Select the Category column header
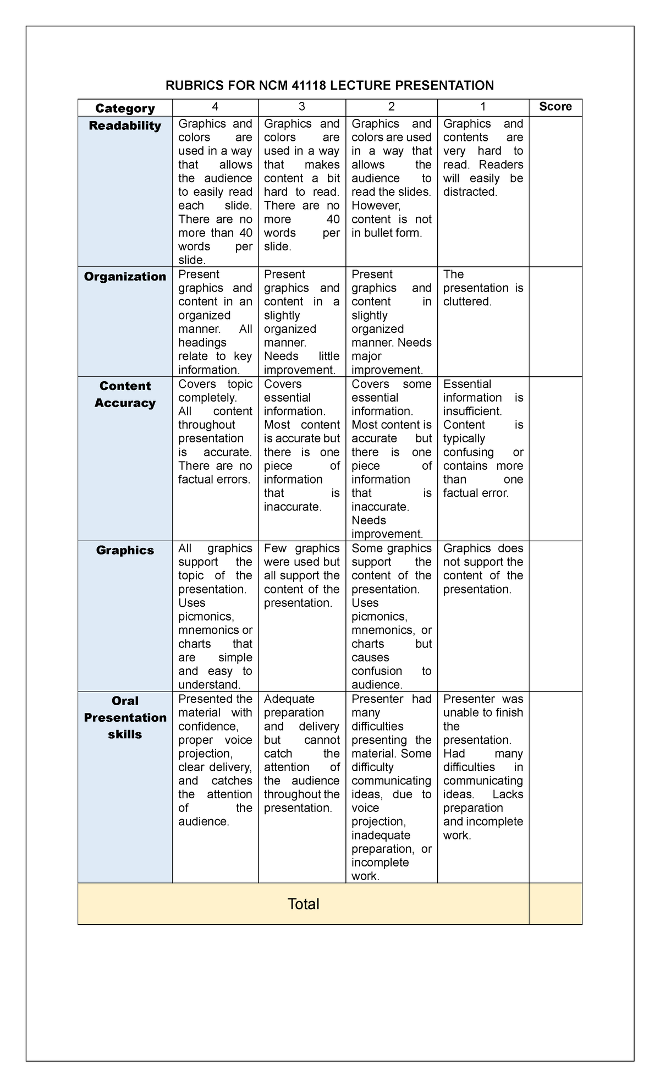point(125,108)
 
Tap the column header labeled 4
point(215,107)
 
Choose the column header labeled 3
point(301,107)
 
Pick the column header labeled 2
point(391,107)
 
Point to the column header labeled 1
point(483,107)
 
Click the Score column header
point(555,107)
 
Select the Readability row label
point(125,126)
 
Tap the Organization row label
point(125,277)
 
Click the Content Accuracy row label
point(125,394)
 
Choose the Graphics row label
point(125,550)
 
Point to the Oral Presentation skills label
point(125,717)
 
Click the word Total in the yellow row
point(303,904)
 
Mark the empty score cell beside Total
point(555,904)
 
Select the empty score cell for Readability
point(555,191)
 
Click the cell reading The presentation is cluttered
point(483,288)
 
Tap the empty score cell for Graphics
point(555,616)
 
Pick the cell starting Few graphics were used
point(301,575)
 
